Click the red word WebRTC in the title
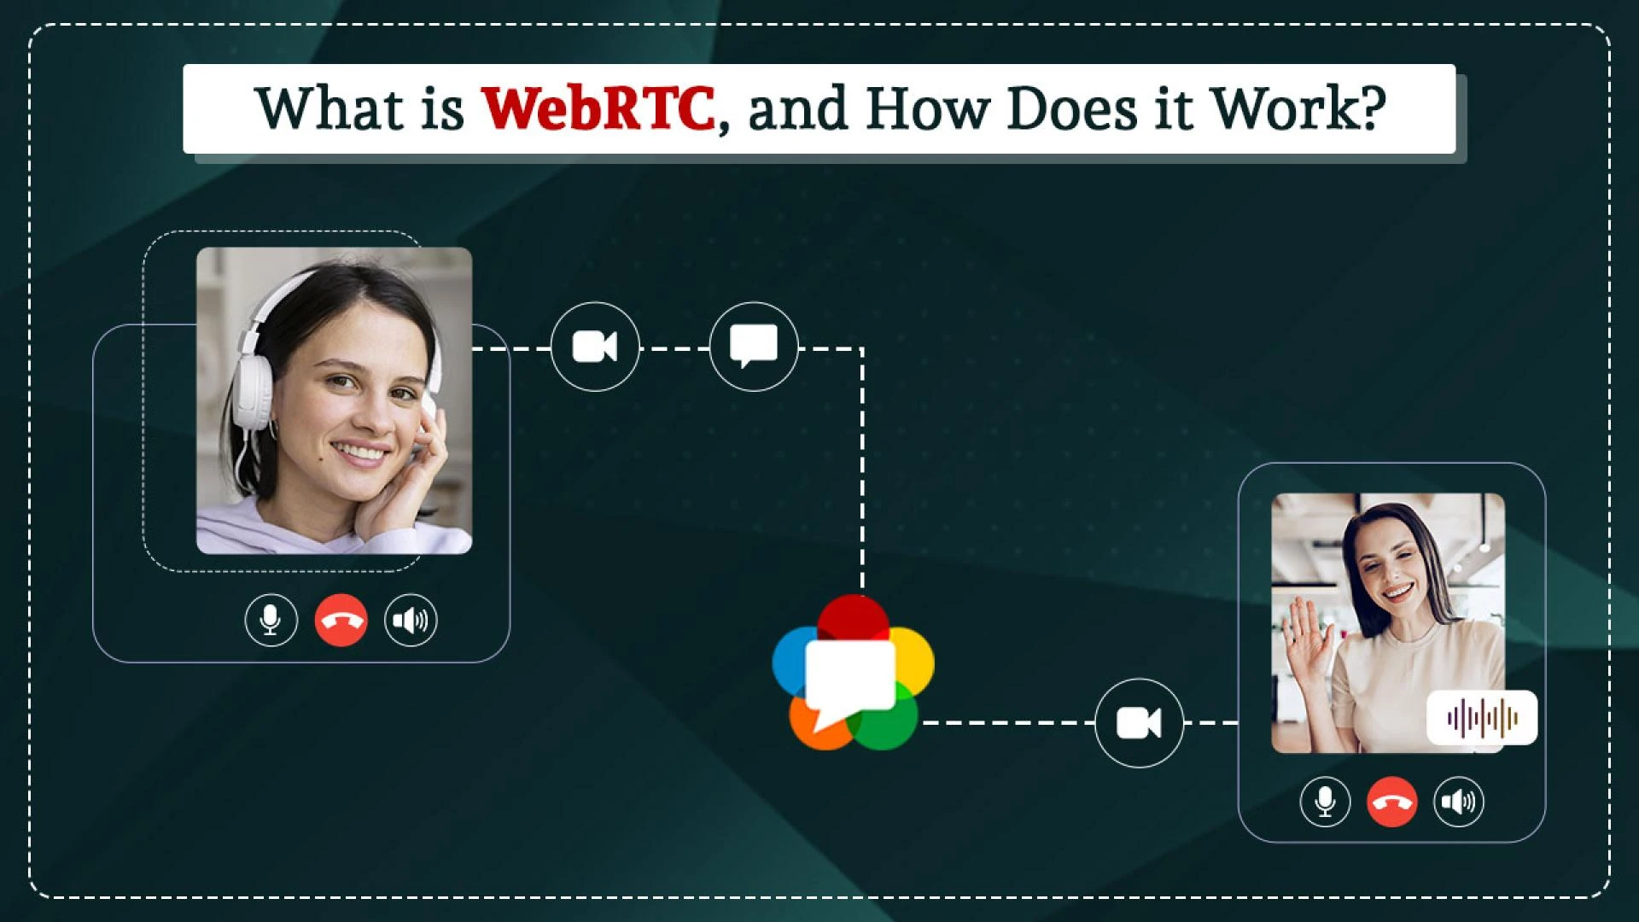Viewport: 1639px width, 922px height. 598,109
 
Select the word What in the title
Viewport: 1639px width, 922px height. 329,109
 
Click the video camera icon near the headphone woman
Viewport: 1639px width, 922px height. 595,347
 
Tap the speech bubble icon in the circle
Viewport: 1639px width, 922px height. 754,347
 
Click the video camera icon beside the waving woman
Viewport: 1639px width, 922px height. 1139,723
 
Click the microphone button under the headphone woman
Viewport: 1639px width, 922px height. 271,620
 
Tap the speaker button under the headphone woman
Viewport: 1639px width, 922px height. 411,620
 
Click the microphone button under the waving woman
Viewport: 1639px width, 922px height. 1325,802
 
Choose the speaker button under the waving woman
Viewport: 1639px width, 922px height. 1459,802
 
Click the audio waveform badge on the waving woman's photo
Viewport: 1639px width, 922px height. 1482,717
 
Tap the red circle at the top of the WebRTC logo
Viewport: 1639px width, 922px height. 853,613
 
